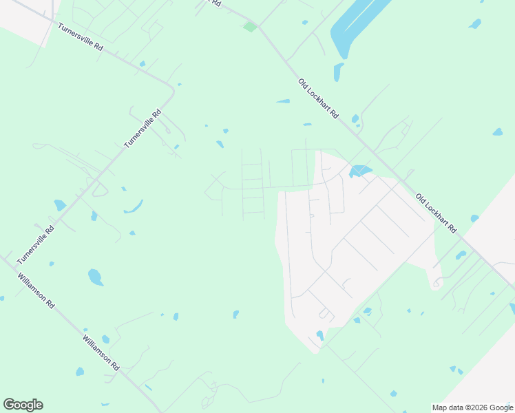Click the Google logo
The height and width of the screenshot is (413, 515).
click(23, 405)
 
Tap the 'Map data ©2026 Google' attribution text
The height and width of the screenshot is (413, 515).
click(472, 407)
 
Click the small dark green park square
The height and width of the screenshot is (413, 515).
click(249, 27)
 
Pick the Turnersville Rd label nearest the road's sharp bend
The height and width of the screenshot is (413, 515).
click(143, 128)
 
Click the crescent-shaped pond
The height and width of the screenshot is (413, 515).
click(134, 207)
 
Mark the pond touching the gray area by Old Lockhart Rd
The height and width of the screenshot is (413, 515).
click(359, 171)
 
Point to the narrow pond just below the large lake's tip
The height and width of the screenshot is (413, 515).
click(337, 72)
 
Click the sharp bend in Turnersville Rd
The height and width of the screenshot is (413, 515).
click(172, 89)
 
